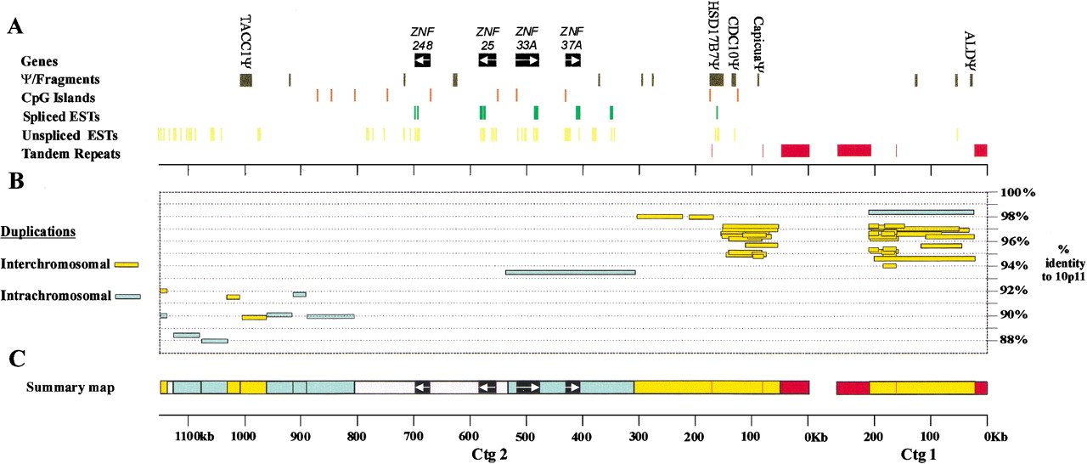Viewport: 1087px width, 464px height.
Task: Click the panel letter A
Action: point(14,27)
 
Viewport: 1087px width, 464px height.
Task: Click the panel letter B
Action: point(14,180)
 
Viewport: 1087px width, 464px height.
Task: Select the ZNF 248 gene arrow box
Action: point(423,60)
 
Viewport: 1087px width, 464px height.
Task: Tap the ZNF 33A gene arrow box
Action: point(527,60)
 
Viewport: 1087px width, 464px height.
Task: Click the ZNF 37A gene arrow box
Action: point(573,60)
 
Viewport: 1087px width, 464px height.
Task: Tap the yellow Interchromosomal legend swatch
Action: point(127,265)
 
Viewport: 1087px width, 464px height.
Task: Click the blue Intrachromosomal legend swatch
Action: point(128,297)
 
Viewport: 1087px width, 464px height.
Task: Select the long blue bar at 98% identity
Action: point(921,212)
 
